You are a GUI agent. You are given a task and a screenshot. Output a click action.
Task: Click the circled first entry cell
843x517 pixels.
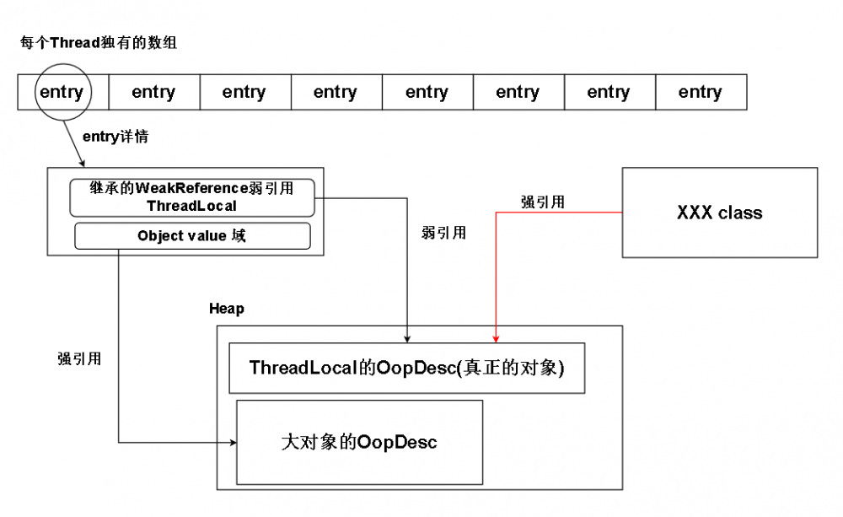pos(62,92)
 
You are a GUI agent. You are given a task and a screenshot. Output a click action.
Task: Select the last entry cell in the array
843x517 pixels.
pos(700,92)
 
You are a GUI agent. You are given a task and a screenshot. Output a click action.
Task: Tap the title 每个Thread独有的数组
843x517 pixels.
pos(99,42)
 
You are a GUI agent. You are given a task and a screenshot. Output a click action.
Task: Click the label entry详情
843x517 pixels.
pos(115,136)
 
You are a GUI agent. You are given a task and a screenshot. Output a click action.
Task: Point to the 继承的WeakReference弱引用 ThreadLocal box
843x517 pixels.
pos(192,197)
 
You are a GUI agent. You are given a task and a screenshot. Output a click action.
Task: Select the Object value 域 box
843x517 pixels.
pos(192,236)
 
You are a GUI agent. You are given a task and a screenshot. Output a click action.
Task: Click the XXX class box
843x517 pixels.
pos(719,213)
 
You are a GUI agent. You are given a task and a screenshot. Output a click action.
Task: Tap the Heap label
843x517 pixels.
pos(227,309)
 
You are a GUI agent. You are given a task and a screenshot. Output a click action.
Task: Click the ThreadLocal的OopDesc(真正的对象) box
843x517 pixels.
pos(406,368)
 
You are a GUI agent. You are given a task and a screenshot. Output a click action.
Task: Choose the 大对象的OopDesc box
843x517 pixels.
pos(359,442)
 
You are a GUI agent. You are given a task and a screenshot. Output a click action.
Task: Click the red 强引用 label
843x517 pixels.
pos(542,202)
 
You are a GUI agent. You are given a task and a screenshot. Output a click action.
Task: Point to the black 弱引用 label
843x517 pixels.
pos(443,233)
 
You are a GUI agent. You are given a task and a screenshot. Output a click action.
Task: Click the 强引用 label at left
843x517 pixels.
pos(79,358)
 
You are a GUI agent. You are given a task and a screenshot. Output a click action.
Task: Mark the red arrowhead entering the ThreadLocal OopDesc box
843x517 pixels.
pos(496,337)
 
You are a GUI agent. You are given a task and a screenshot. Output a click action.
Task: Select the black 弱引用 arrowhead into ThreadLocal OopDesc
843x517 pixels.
pos(407,337)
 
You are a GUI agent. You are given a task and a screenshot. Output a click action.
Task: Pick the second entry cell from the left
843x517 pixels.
pos(153,92)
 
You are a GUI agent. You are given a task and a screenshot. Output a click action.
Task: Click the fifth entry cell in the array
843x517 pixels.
pos(427,92)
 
